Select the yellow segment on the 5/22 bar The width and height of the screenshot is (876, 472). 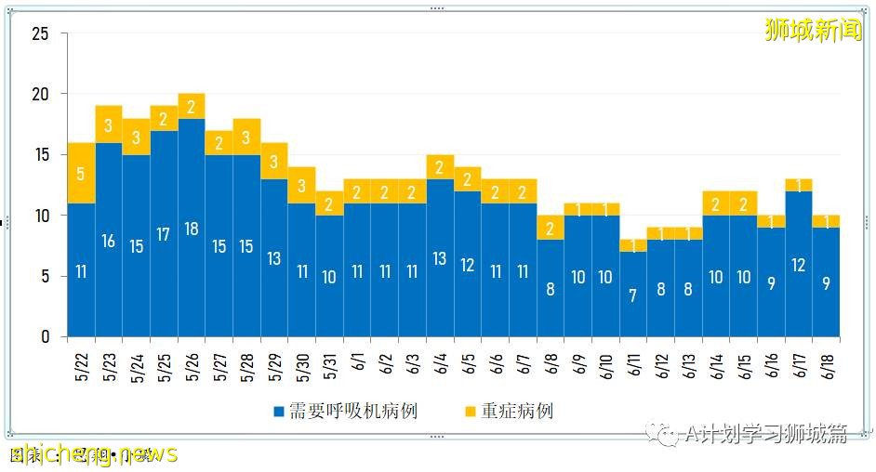click(81, 174)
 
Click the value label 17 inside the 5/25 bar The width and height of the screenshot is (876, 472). click(164, 234)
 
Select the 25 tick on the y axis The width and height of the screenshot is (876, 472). click(40, 34)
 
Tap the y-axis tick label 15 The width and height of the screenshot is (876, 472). click(40, 155)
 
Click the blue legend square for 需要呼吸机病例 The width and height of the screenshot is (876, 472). click(278, 411)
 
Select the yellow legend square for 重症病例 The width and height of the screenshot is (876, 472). click(470, 411)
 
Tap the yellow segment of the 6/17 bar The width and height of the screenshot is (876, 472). click(799, 185)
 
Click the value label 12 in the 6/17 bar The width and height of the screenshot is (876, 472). click(799, 265)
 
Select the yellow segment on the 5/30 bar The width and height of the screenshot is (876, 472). click(302, 185)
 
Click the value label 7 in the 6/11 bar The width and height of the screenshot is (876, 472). click(633, 295)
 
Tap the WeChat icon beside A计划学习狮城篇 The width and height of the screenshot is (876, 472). click(666, 434)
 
